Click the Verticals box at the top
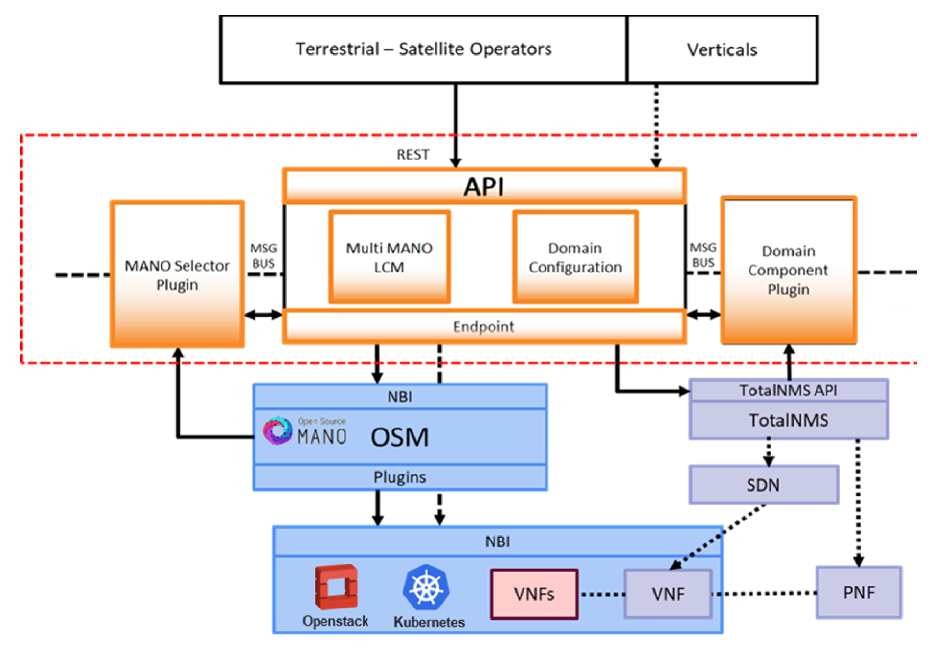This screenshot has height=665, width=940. pos(722,49)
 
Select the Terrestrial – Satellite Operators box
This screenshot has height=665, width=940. pos(423,49)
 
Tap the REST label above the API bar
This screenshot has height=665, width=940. pos(413,154)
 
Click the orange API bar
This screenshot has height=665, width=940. pos(484,186)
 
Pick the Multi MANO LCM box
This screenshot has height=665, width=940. pos(390,257)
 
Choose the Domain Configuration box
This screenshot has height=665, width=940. pos(575,257)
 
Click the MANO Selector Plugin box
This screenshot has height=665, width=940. pos(177,274)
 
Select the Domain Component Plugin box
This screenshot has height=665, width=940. pos(788,270)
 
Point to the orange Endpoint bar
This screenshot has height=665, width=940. pos(484,326)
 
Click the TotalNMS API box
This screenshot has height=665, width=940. pos(788,390)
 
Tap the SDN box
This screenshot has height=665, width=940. pos(763,485)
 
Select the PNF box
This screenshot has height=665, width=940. pos(859,592)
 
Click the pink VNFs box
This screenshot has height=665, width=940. pos(534,594)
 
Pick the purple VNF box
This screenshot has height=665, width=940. pos(668,594)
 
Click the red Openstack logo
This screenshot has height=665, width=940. pos(336,587)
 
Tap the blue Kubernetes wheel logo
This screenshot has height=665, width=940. pos(426,587)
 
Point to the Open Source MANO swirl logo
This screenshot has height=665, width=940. pos(278,430)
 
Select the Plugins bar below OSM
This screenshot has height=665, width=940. pos(400,477)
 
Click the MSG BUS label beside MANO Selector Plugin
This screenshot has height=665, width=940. pos(263,256)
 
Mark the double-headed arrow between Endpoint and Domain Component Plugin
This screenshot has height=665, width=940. pos(704,315)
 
